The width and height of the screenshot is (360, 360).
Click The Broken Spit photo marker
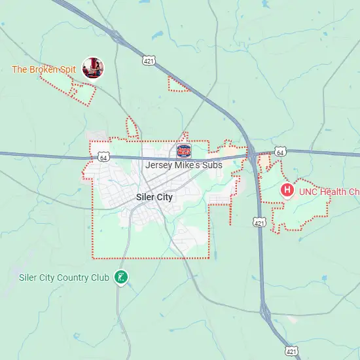pos(92,67)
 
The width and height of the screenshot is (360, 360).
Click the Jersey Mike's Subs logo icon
pos(184,151)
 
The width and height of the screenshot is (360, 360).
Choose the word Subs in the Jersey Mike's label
pos(211,165)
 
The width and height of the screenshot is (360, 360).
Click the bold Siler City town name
pos(156,196)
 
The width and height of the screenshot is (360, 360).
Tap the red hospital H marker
pos(287,191)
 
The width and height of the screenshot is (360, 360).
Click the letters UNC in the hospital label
pos(308,192)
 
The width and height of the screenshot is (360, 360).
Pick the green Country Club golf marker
pos(120,278)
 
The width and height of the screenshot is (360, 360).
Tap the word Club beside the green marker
pos(100,278)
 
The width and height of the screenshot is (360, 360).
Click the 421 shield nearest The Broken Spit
pos(149,60)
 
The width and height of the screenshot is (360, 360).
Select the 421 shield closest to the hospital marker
pos(259,223)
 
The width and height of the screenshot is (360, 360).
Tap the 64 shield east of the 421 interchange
pos(280,152)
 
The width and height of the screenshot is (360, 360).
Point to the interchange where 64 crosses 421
pos(253,154)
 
